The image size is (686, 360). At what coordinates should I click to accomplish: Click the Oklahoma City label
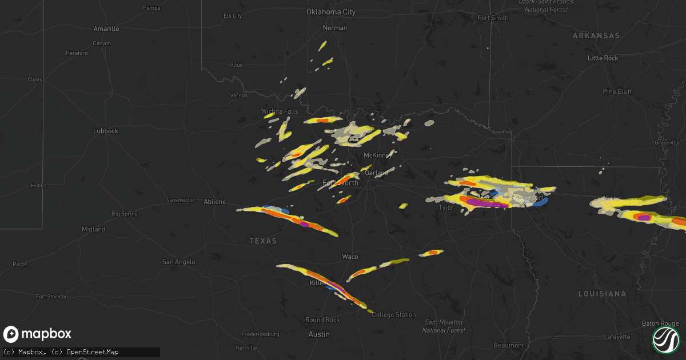(331, 12)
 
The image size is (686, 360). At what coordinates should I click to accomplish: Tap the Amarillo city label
(106, 29)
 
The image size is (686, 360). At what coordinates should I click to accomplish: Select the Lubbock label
(105, 131)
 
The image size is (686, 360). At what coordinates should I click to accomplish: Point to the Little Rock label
(603, 58)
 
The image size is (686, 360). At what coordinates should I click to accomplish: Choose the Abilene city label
(215, 202)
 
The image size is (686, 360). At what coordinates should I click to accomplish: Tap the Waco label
(350, 257)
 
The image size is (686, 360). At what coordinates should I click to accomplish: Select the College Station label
(394, 315)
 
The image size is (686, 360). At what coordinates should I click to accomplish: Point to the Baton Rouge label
(659, 323)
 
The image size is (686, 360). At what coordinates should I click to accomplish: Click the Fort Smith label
(493, 18)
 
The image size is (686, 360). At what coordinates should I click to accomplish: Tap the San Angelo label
(178, 262)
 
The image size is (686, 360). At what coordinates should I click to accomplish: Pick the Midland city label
(93, 229)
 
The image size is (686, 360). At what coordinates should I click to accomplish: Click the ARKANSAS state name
(596, 35)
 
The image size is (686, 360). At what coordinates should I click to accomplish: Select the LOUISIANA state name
(602, 293)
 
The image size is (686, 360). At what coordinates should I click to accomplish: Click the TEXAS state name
(263, 241)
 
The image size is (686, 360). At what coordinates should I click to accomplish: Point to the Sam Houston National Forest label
(444, 326)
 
